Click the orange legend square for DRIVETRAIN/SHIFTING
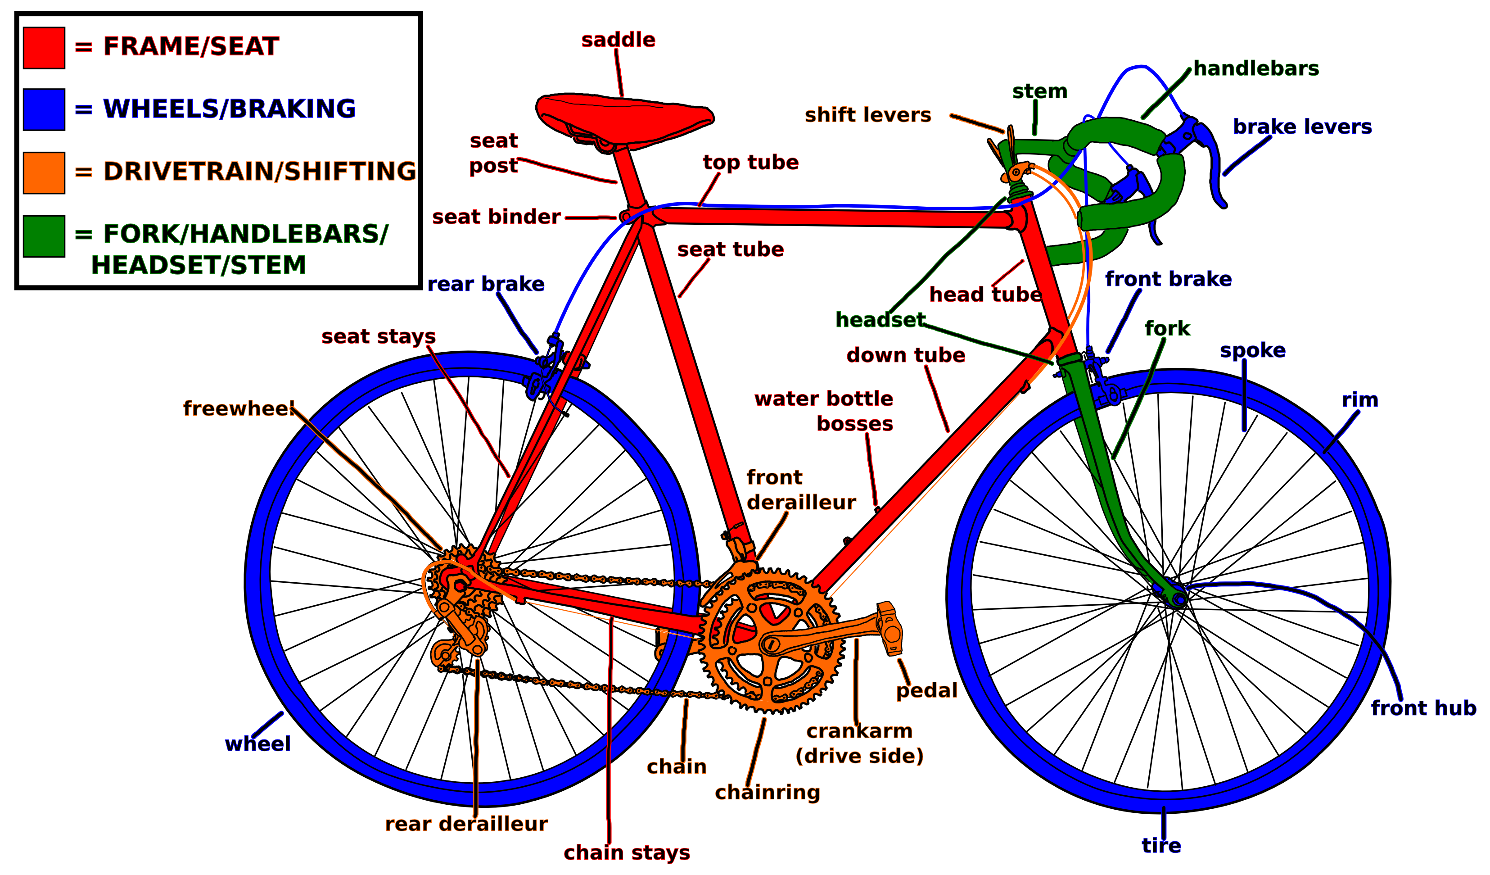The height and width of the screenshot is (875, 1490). tap(44, 173)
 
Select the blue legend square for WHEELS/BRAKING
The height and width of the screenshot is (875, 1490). tap(44, 109)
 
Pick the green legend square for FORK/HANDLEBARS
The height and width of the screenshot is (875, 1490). tap(44, 236)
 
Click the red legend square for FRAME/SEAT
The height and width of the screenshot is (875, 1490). tap(44, 48)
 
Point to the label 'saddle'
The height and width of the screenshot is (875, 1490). tap(618, 40)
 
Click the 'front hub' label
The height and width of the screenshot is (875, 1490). tap(1422, 708)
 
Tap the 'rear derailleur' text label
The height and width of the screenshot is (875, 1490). tap(466, 824)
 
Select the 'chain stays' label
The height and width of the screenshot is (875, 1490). tap(627, 852)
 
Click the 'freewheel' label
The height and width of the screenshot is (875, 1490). tap(238, 408)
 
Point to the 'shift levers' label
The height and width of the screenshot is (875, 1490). tap(867, 115)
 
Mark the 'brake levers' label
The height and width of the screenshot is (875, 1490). tap(1302, 127)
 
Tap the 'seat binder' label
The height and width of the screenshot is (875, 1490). tap(496, 217)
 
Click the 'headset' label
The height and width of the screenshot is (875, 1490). tap(880, 320)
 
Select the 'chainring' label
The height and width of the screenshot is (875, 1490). tap(768, 792)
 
